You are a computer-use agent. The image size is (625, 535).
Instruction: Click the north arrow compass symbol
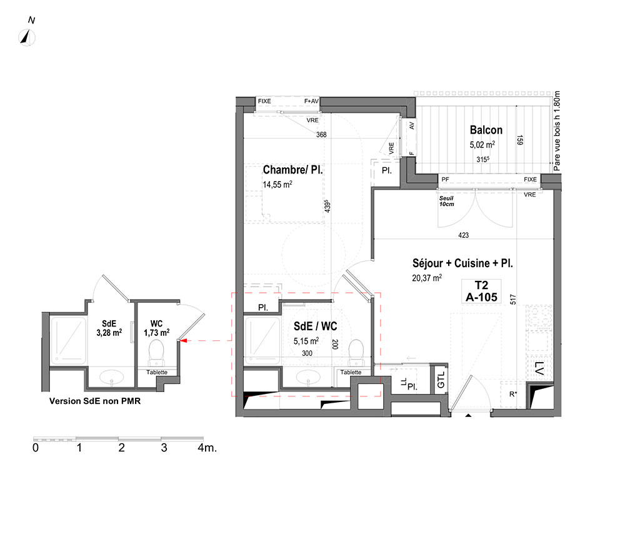(x=27, y=38)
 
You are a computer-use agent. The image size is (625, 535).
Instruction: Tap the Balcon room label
(x=486, y=130)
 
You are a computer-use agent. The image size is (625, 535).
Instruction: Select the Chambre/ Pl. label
(x=292, y=170)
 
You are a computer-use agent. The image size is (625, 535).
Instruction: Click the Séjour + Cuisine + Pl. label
(x=462, y=263)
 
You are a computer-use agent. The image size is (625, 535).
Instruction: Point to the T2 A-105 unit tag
(x=481, y=292)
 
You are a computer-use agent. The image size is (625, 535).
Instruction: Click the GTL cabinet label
(x=441, y=380)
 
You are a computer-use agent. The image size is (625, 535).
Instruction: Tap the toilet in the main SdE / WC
(x=356, y=353)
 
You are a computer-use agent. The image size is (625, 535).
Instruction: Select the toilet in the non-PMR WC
(x=156, y=353)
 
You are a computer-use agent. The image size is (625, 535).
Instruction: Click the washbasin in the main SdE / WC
(x=308, y=377)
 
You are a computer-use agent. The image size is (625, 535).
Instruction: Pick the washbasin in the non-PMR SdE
(x=112, y=377)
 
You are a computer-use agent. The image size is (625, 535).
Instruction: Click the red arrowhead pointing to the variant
(x=184, y=341)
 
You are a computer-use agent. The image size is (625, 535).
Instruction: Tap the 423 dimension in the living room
(x=464, y=235)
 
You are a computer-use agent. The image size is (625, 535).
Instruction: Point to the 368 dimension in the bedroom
(x=321, y=135)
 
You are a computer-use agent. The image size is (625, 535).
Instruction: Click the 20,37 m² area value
(x=427, y=278)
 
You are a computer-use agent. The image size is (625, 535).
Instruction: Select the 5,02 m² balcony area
(x=482, y=144)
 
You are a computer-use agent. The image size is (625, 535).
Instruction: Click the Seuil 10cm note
(x=446, y=201)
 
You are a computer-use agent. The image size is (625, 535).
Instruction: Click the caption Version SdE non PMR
(x=95, y=401)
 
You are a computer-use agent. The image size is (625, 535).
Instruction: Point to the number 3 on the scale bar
(x=164, y=448)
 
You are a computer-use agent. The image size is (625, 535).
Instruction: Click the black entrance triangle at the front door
(x=468, y=416)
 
